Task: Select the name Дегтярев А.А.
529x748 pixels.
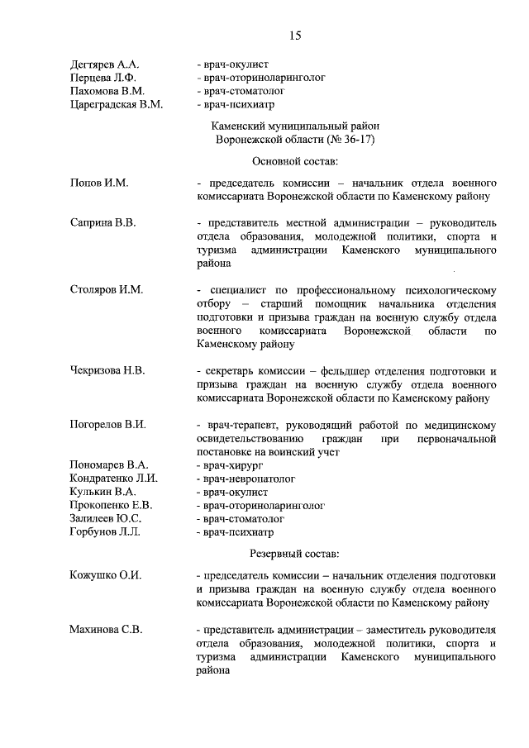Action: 105,64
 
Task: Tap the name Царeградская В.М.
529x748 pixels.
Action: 117,104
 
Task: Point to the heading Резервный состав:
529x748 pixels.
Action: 294,553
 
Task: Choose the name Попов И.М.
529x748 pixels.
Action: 99,182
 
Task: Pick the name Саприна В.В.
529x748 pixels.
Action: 103,223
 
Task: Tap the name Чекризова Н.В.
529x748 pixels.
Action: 107,370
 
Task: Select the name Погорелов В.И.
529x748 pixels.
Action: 108,425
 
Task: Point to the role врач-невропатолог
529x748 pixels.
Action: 245,479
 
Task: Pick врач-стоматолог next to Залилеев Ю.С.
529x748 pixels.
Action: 240,518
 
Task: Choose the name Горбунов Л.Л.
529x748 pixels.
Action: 106,531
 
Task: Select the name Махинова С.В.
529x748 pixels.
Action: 107,630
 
